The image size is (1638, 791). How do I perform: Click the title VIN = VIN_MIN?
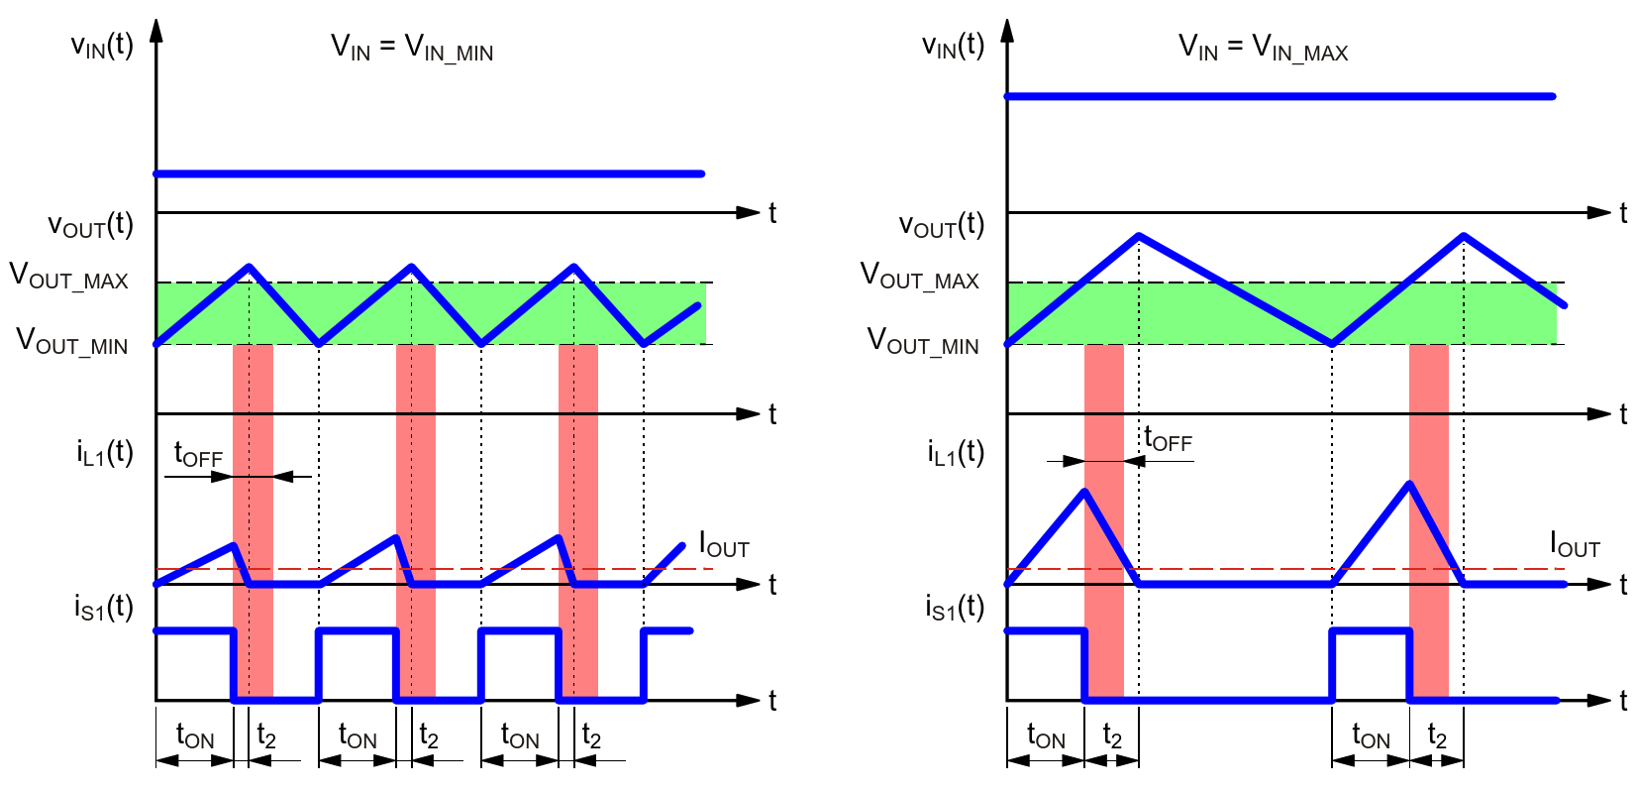pos(412,48)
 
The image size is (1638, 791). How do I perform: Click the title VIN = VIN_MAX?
pos(1263,48)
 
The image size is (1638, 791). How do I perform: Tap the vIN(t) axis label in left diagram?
pos(102,46)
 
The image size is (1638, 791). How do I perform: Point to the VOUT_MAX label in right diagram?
pos(919,276)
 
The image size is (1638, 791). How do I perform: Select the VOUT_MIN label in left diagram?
pos(71,342)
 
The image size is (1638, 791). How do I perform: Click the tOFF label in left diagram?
pos(198,455)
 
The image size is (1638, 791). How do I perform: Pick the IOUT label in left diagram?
pos(724,545)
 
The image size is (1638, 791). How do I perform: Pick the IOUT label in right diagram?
pos(1575,545)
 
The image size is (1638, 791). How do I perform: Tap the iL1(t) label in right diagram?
pos(956,453)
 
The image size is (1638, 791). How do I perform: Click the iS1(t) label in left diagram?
pos(103,607)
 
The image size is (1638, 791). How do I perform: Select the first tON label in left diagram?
pos(194,736)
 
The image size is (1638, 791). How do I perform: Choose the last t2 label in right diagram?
pos(1436,736)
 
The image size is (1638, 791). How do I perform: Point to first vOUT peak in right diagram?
pos(1139,236)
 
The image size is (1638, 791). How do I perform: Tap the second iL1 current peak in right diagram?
pos(1409,484)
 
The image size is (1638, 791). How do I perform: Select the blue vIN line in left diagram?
pos(429,173)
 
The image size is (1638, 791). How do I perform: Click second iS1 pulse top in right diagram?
pos(1371,630)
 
